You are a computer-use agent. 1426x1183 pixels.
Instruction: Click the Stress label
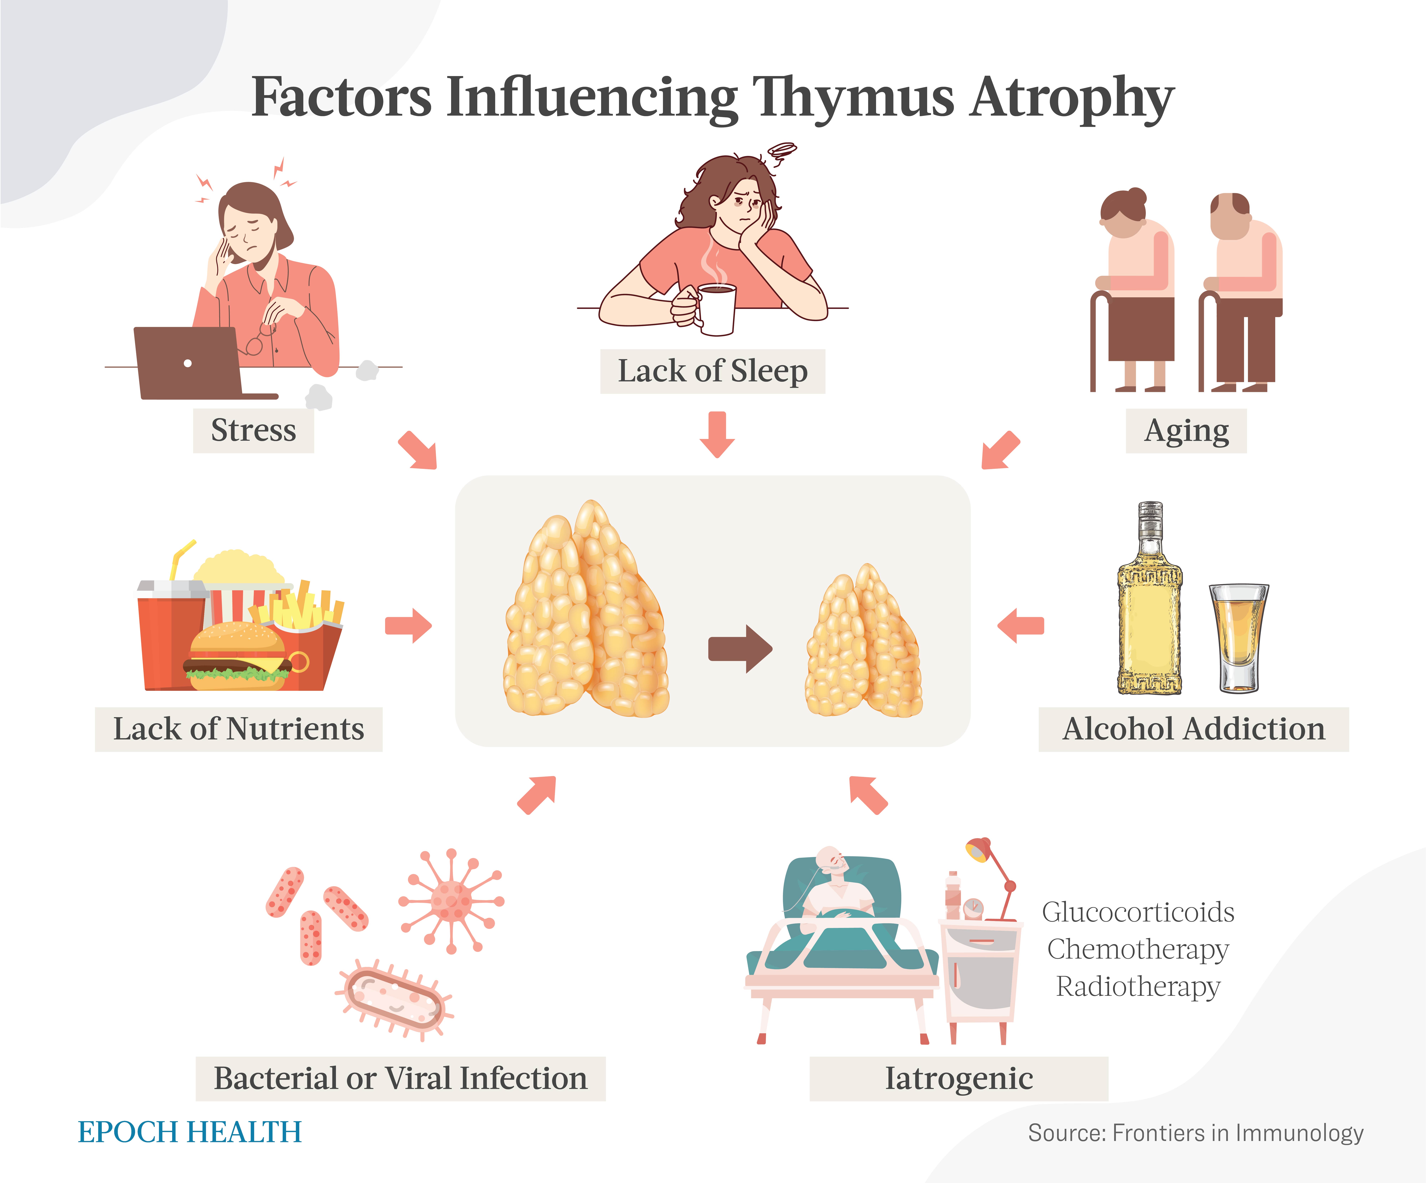(x=253, y=430)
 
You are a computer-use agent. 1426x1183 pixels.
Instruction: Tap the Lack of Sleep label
(x=712, y=371)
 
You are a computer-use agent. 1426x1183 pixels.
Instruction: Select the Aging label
(x=1186, y=430)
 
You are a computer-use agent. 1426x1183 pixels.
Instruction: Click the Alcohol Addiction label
(x=1193, y=729)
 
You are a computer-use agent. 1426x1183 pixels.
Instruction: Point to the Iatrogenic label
(x=959, y=1078)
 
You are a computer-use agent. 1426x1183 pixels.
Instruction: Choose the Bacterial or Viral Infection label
(x=401, y=1078)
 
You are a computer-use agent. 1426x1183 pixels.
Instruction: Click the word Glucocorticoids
(x=1138, y=912)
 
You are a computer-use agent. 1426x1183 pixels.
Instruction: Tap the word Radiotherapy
(x=1138, y=986)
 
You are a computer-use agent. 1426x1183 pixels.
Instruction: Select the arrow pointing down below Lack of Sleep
(x=717, y=434)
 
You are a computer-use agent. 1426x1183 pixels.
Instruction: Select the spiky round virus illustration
(x=451, y=901)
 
